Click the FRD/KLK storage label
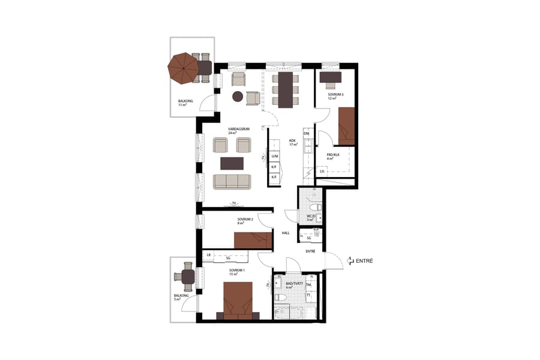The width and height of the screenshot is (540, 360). point(333,154)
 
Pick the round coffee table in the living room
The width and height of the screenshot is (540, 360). point(238,96)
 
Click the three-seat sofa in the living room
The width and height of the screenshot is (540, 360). point(233,181)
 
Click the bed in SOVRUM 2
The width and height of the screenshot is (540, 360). point(253,240)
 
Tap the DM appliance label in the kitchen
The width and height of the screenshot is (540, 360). point(306,133)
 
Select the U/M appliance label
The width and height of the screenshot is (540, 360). point(274,155)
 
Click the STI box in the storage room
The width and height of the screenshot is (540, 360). point(322,172)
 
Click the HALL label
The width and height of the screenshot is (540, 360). point(286,233)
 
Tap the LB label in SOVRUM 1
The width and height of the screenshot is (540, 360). point(208,256)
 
